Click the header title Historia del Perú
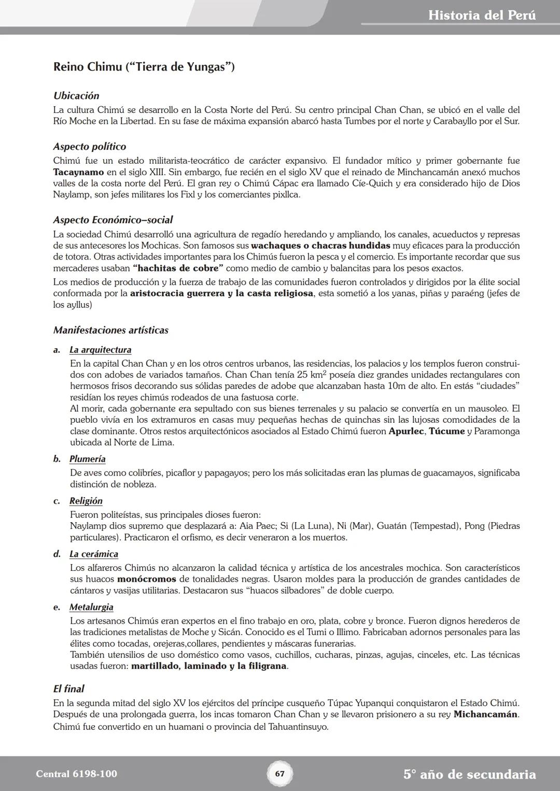[482, 16]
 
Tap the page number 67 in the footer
[279, 774]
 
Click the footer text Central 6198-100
[76, 774]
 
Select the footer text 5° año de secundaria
[469, 774]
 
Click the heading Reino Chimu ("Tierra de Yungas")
[144, 67]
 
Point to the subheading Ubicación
[76, 96]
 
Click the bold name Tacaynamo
[78, 172]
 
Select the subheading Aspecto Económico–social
[113, 220]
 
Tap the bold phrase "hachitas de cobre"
[178, 268]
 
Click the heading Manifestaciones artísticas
[110, 330]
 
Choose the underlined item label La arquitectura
[100, 350]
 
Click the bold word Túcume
[446, 432]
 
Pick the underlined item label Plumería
[87, 459]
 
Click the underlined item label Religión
[86, 501]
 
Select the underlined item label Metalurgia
[91, 607]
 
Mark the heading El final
[68, 689]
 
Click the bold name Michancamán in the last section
[485, 715]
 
